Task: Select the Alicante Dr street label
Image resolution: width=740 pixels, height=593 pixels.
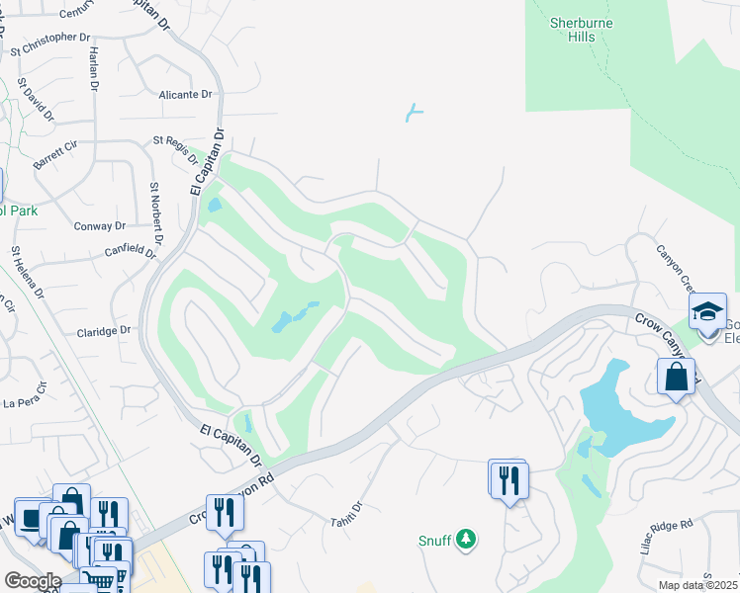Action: (185, 95)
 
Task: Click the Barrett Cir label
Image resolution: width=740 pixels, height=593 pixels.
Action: (54, 155)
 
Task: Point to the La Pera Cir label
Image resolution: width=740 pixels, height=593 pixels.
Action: (27, 394)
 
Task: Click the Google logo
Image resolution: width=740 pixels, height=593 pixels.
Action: (33, 580)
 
